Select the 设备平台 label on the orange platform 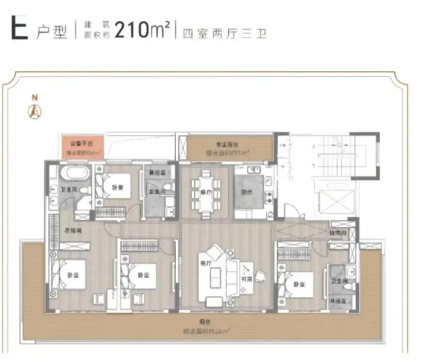point(81,144)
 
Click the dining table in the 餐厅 point(206,194)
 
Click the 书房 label point(246,279)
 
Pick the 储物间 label point(338,232)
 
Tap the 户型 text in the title point(51,33)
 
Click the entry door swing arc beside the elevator point(290,210)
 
